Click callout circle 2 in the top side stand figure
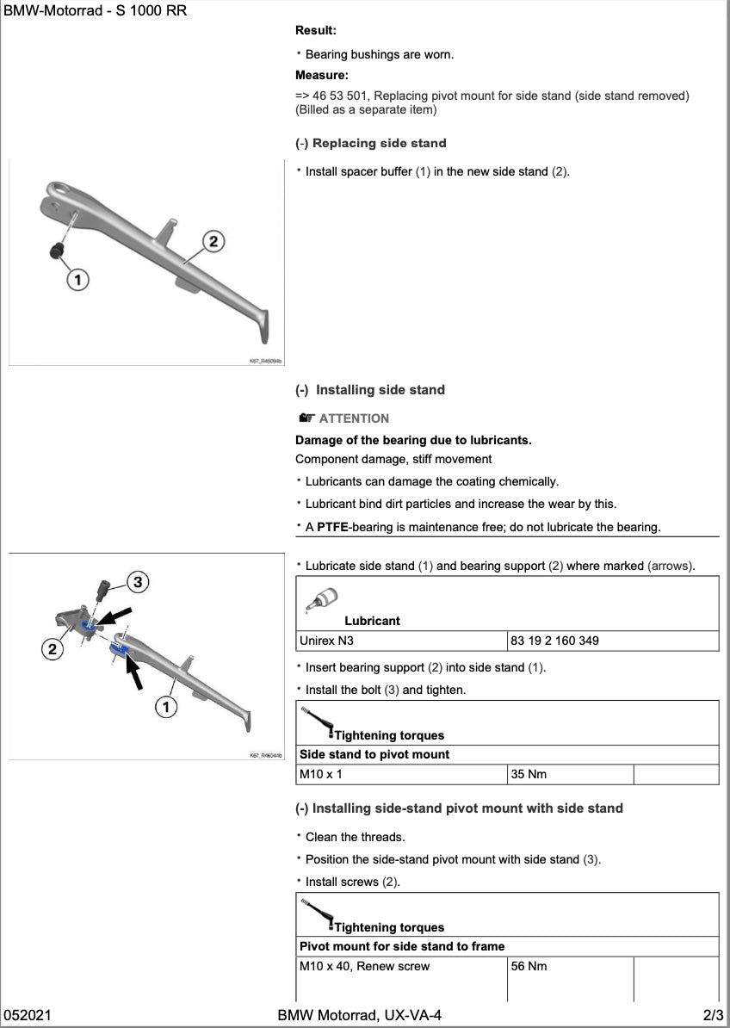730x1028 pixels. [213, 240]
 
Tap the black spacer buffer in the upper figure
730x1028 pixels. [57, 251]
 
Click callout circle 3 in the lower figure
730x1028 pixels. [137, 583]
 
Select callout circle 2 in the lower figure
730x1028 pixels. [53, 649]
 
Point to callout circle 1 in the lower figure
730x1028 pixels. [166, 707]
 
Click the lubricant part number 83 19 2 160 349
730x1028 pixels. [554, 641]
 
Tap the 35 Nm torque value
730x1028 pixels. [529, 774]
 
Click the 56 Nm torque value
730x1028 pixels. [529, 966]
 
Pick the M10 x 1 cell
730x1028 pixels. [320, 774]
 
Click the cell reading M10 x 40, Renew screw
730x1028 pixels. [364, 966]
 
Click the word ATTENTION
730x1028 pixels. [354, 418]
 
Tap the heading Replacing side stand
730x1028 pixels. [379, 143]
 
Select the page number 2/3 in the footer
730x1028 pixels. [714, 1016]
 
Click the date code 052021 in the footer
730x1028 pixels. [28, 1016]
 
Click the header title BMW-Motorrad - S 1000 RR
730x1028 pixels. [95, 11]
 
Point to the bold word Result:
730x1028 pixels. [315, 30]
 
